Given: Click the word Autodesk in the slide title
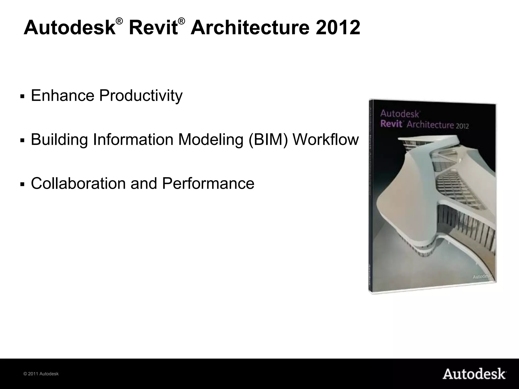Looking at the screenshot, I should coord(69,28).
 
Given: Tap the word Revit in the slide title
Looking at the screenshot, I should coord(153,28).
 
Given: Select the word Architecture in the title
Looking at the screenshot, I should coord(250,28).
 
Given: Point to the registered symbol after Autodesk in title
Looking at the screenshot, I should coord(120,22).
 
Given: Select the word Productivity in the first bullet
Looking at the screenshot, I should coord(141,96).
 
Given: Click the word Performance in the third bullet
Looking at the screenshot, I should coord(208,183).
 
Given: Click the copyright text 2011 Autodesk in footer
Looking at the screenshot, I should coord(41,374).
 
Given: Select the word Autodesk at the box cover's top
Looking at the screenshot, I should coord(400,113).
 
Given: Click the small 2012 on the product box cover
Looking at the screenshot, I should coord(462,126).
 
